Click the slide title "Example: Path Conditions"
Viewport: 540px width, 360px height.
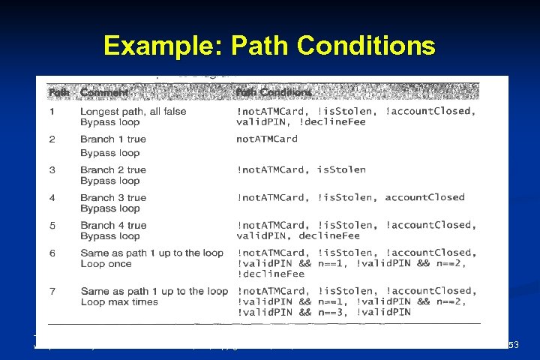(269, 46)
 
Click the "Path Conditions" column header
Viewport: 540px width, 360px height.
(274, 92)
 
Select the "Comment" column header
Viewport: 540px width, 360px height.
(104, 92)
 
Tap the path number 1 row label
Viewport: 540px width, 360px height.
(52, 112)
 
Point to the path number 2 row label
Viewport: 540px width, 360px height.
(52, 139)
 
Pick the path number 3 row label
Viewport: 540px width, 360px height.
(52, 170)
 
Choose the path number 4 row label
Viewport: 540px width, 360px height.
(52, 198)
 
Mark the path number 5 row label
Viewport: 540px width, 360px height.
(52, 225)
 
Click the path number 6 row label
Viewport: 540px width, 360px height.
(52, 253)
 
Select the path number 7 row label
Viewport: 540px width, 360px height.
(52, 291)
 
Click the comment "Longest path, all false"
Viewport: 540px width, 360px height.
(133, 112)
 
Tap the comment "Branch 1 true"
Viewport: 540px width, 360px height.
(113, 139)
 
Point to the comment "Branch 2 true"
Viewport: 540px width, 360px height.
(113, 170)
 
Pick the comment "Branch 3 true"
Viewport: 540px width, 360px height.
(113, 198)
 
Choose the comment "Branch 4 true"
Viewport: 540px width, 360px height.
(113, 225)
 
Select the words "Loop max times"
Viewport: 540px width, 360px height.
(119, 302)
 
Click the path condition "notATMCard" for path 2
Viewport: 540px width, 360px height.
(267, 139)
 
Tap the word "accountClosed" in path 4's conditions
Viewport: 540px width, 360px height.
(425, 198)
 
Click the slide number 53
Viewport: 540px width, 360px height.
(514, 345)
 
